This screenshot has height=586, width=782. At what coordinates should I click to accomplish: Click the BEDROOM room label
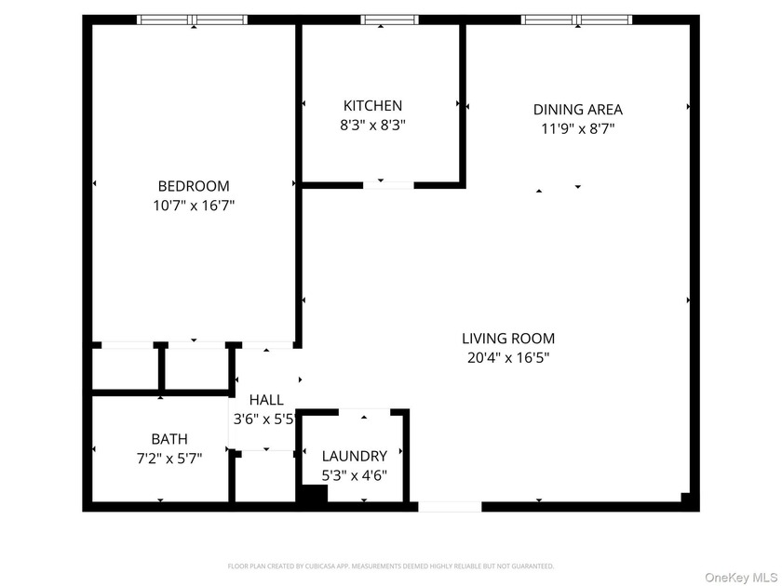(194, 186)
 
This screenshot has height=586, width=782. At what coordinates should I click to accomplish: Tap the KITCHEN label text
(372, 106)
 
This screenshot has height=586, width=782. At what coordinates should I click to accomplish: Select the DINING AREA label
(578, 110)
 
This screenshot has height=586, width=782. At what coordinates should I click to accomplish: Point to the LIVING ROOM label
(508, 339)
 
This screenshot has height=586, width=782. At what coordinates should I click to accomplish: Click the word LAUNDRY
(354, 456)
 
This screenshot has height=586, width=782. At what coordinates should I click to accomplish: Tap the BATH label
(169, 439)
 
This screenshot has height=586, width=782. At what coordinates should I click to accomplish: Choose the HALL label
(266, 400)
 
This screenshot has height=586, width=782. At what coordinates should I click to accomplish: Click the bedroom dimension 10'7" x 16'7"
(194, 206)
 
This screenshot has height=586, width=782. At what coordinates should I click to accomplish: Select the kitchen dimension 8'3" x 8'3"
(372, 125)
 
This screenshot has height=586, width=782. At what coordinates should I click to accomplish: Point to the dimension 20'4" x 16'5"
(508, 358)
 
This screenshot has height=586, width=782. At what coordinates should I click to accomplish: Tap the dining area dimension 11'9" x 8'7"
(578, 128)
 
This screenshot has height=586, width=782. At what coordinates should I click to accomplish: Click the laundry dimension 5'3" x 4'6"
(354, 475)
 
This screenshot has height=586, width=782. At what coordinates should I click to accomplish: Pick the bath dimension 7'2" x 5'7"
(169, 458)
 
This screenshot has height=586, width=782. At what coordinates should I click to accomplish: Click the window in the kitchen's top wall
(389, 20)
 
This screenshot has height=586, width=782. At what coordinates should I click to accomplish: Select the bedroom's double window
(193, 20)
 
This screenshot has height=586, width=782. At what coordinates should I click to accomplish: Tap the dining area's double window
(577, 20)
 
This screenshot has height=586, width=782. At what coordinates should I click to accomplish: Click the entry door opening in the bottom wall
(450, 507)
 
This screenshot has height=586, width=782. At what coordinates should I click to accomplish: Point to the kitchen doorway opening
(388, 185)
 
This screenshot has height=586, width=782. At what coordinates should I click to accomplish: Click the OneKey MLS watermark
(741, 577)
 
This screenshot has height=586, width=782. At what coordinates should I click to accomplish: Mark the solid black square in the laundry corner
(313, 493)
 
